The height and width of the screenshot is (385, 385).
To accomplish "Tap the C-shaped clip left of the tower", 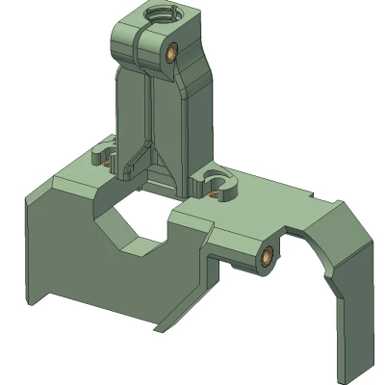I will click(x=101, y=151).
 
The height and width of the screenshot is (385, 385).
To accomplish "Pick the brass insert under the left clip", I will click(x=100, y=162).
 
